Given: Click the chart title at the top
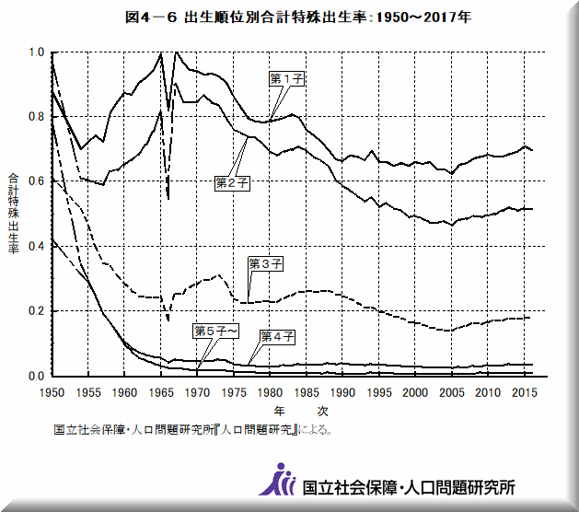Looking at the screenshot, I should coord(288,17).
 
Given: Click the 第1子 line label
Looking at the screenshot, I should coord(286,79).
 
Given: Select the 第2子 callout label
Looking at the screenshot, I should coord(233,183).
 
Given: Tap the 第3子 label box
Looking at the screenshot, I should coord(266,263).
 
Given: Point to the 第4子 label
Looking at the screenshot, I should coord(277,336).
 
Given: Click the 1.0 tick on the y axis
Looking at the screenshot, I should coord(36,53).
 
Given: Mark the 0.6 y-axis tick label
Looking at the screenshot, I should coord(36,182).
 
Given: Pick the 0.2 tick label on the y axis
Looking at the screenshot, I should coord(36,311).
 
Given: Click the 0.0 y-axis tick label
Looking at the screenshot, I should coord(36,376).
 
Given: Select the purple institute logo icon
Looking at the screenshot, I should coord(279,479).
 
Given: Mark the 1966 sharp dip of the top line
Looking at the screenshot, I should coord(168,196).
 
